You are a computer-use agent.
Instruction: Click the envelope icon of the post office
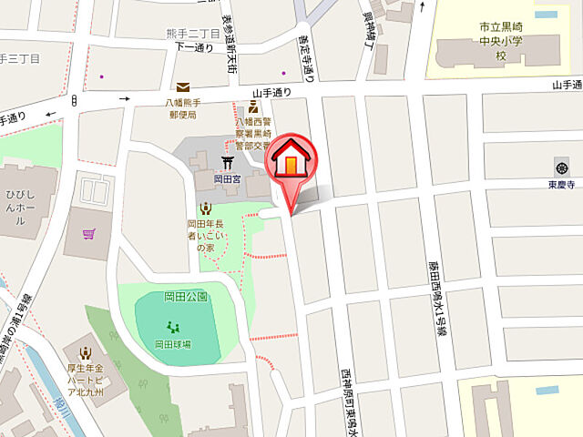(x=183, y=86)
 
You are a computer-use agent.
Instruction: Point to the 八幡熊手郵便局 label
(x=183, y=109)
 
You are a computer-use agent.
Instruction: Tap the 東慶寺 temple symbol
(x=559, y=167)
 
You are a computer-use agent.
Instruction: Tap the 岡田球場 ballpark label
(x=172, y=344)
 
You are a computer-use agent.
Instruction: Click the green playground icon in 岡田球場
(x=172, y=328)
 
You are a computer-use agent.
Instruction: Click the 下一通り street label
(x=192, y=47)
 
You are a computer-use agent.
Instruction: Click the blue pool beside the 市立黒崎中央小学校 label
(x=547, y=15)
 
